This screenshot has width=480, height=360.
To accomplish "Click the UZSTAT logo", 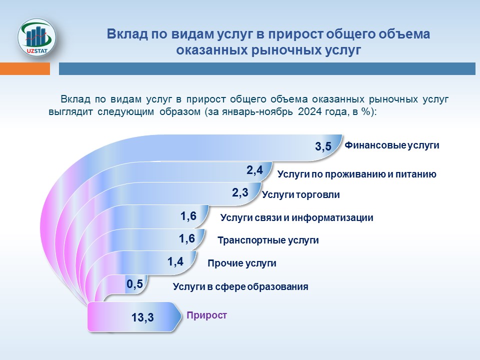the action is [x=36, y=38].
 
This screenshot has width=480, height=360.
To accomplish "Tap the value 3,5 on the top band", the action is [x=323, y=146].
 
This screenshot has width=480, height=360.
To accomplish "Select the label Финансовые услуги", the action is [x=392, y=145].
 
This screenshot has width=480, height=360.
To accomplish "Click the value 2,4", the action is [x=254, y=169].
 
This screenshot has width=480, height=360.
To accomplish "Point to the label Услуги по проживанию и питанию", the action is [x=356, y=174].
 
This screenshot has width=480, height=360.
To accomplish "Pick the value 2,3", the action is [x=240, y=192].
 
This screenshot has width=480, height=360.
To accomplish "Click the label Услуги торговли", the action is [x=301, y=194].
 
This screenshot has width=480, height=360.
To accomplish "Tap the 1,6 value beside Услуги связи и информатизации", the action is [x=188, y=216].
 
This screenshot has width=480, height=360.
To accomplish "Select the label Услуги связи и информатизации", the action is [x=296, y=217].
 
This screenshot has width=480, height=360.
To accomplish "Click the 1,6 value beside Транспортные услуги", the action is [x=186, y=238].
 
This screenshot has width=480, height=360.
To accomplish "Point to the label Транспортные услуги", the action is [x=268, y=240].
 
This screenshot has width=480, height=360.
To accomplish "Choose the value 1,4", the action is [x=175, y=261].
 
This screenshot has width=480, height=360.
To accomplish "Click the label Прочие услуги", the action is [x=242, y=263].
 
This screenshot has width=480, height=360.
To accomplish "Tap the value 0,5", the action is [x=134, y=284].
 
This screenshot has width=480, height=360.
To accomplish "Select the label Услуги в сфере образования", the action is [x=240, y=287].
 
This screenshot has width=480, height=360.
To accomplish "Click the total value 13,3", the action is [x=142, y=317].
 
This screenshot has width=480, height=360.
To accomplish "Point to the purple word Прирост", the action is [x=206, y=315].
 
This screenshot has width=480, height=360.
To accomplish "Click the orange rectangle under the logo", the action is [x=25, y=68].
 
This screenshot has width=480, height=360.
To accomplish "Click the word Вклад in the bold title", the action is [x=127, y=34].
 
